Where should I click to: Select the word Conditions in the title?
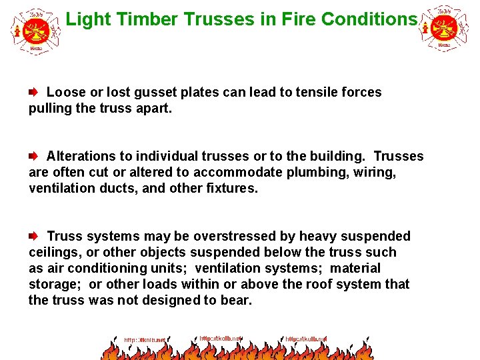click(369, 19)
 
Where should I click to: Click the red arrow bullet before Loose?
click(33, 92)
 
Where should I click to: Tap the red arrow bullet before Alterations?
click(33, 156)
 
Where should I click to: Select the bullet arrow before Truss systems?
click(33, 236)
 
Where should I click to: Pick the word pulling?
click(51, 108)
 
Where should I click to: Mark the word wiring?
click(374, 172)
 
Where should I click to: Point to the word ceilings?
click(53, 252)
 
